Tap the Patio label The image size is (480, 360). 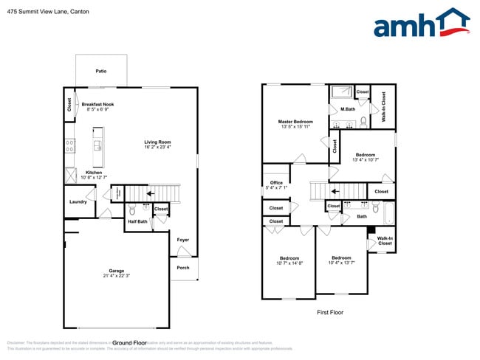101,72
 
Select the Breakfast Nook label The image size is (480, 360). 97,104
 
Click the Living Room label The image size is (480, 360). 157,142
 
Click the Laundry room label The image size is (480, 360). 78,201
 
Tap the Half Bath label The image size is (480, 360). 137,221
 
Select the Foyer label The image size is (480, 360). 183,240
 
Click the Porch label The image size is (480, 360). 183,268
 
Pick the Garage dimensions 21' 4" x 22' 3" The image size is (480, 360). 117,276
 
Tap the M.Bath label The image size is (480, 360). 348,109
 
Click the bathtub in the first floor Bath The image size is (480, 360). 388,213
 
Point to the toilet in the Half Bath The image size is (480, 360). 133,210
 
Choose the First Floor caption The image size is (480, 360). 330,312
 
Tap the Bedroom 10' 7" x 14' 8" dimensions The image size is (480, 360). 289,263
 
